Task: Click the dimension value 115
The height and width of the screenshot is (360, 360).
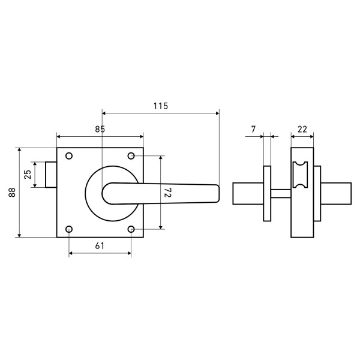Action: click(x=160, y=106)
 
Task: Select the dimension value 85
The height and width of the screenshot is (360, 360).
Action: click(x=100, y=129)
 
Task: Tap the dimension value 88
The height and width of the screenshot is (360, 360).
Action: click(x=12, y=193)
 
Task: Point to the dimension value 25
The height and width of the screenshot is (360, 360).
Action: click(x=28, y=175)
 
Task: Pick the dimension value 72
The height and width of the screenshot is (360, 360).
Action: click(x=168, y=193)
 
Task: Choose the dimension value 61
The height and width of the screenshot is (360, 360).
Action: click(x=100, y=246)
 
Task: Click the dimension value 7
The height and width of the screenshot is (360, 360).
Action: click(x=253, y=129)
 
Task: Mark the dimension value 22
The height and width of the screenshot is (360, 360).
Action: click(x=302, y=129)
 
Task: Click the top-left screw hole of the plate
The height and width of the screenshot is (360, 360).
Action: click(x=69, y=156)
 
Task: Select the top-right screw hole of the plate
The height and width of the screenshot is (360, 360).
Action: click(x=131, y=156)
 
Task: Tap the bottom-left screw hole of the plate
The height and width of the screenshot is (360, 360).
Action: click(x=69, y=229)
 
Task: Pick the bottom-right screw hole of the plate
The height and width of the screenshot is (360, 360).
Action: click(x=131, y=229)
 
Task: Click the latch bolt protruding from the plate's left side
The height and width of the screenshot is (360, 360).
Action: click(x=51, y=175)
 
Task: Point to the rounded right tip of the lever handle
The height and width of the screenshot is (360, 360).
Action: click(x=218, y=193)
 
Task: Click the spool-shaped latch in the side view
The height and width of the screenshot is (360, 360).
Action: click(x=301, y=175)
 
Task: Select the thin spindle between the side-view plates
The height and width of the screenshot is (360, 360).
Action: click(x=281, y=193)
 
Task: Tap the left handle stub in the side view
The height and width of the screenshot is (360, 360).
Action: click(x=248, y=193)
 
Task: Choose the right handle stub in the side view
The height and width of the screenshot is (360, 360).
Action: click(x=336, y=193)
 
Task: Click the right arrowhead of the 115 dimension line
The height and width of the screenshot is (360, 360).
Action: click(x=218, y=113)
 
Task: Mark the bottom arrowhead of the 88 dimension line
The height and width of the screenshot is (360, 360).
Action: click(x=19, y=235)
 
